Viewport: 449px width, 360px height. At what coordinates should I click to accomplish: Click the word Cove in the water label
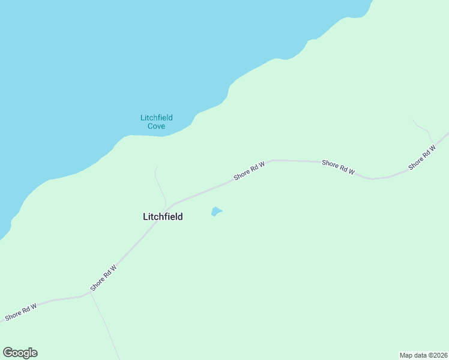point(156,126)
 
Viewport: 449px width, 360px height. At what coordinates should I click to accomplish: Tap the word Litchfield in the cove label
point(157,118)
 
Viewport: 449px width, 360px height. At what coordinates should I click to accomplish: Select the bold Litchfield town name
point(163,217)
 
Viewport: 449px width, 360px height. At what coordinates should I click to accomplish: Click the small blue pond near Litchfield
point(216,211)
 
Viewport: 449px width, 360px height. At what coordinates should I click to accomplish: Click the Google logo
point(20,353)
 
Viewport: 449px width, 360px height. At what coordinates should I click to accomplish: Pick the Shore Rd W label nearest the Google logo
point(21,311)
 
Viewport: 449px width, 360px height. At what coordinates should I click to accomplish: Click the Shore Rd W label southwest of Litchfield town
point(103,278)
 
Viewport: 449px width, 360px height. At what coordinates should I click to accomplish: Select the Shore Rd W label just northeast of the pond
point(249,170)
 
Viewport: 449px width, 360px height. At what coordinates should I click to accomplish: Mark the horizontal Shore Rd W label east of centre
point(339,167)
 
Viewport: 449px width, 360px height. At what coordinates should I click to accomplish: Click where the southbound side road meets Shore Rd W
point(89,295)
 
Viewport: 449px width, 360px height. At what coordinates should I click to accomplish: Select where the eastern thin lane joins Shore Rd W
point(435,145)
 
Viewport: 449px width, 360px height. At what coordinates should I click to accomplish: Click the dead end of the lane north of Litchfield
point(156,167)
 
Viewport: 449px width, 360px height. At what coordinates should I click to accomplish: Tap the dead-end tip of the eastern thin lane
point(412,119)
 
